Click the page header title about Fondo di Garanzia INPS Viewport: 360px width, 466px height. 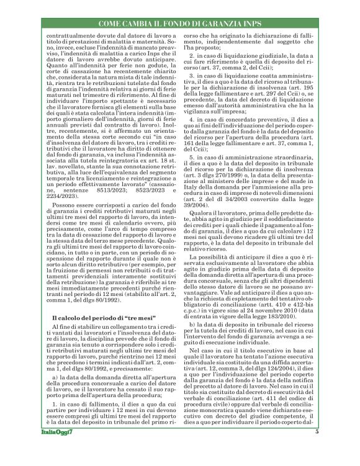[180, 24]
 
